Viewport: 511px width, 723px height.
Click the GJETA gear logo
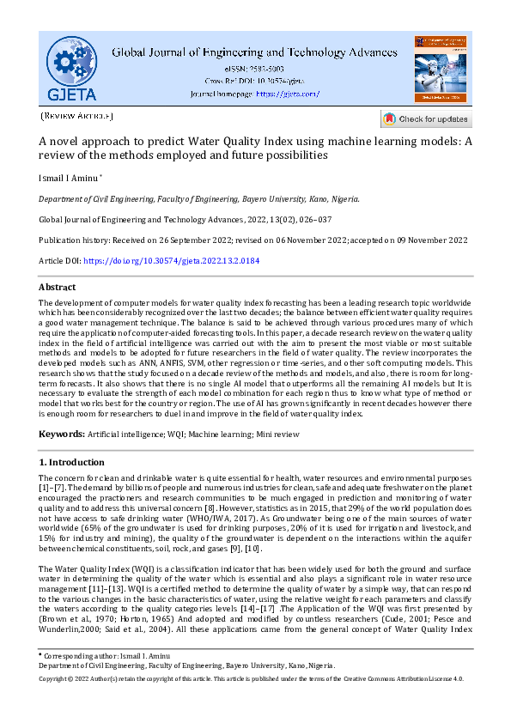[x=72, y=67]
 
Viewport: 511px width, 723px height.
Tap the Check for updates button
[x=426, y=119]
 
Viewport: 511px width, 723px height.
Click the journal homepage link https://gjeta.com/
[x=287, y=94]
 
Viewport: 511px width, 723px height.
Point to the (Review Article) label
[x=76, y=115]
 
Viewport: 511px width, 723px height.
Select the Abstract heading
[x=57, y=287]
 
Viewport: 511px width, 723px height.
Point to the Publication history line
[x=253, y=240]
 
